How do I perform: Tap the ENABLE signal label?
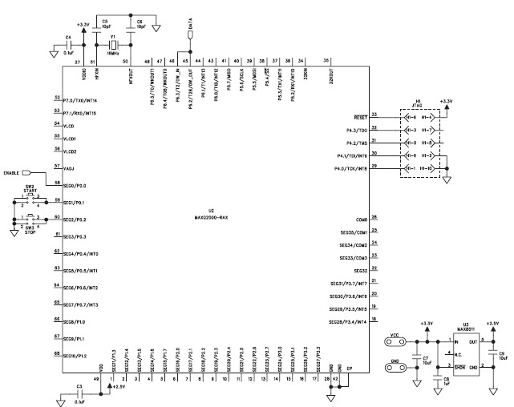pos(12,172)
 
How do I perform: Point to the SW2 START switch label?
pos(30,190)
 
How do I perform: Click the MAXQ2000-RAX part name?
pos(212,216)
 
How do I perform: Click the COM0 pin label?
pos(361,219)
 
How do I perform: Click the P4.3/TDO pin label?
pos(354,130)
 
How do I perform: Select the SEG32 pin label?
pos(358,271)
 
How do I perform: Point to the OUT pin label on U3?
pos(472,340)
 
